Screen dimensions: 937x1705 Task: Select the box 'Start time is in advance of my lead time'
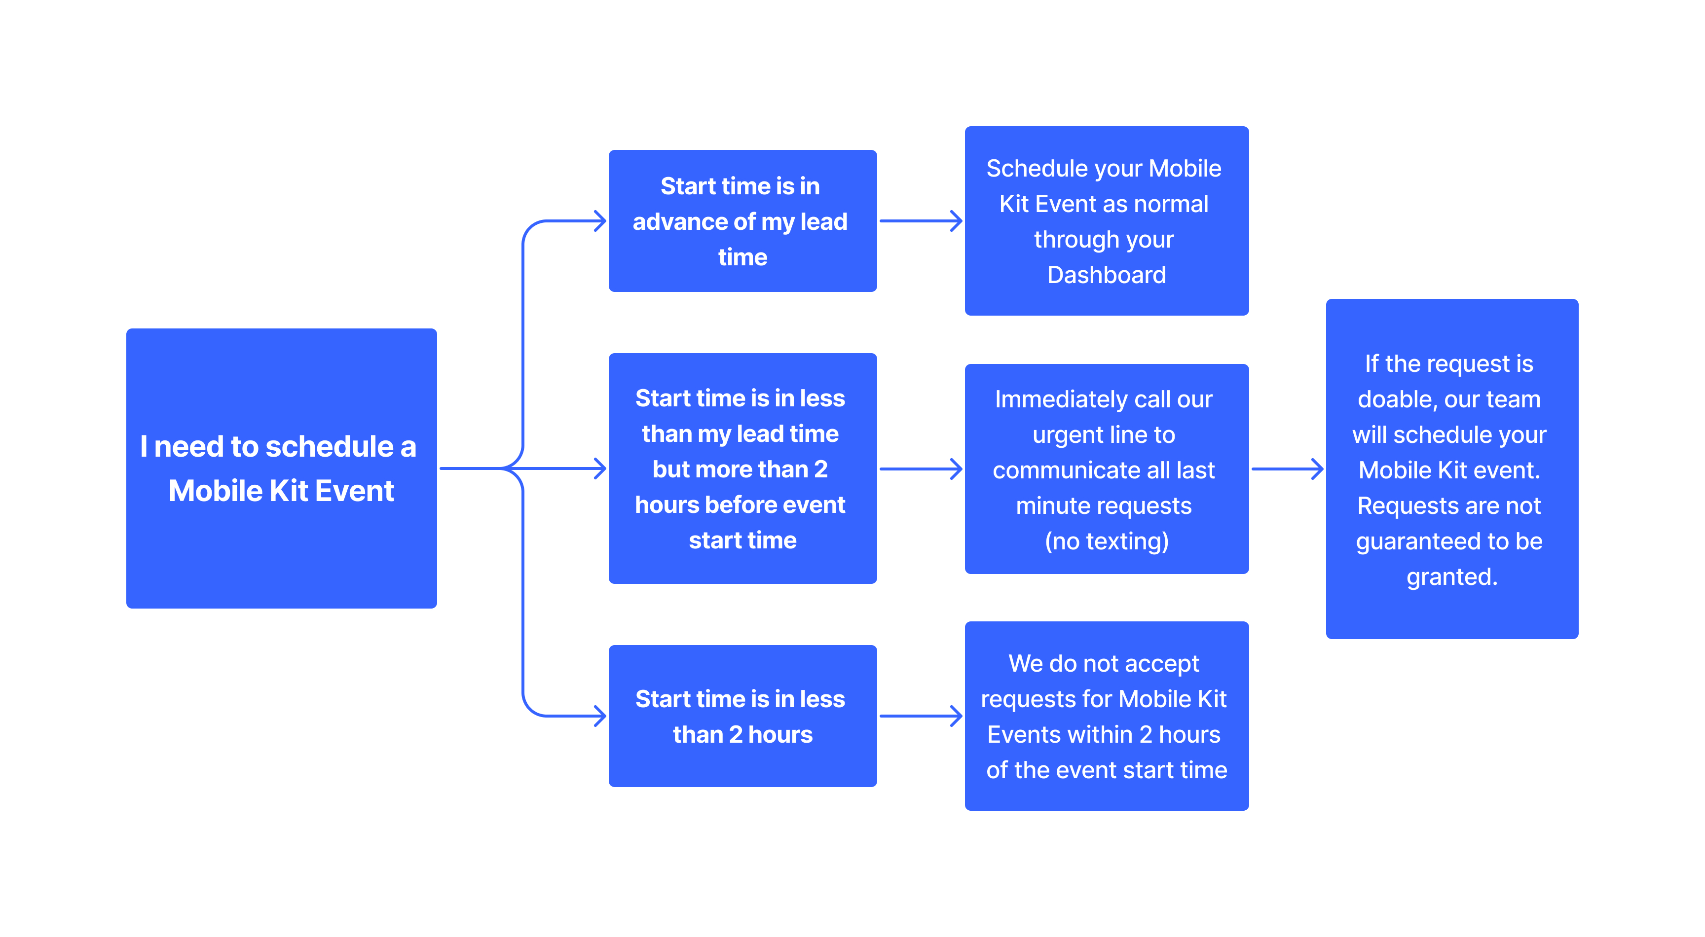[x=742, y=221]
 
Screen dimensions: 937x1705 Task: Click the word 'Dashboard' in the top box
[x=1106, y=275]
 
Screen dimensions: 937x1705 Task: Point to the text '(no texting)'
[x=1106, y=541]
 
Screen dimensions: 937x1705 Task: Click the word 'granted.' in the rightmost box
[x=1451, y=577]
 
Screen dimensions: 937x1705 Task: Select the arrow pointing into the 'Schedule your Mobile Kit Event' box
[x=920, y=221]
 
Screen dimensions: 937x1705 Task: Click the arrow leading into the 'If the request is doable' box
[x=1287, y=469]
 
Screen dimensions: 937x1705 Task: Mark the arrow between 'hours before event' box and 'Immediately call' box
[x=920, y=469]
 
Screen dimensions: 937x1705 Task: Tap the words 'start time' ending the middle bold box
[x=742, y=541]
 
